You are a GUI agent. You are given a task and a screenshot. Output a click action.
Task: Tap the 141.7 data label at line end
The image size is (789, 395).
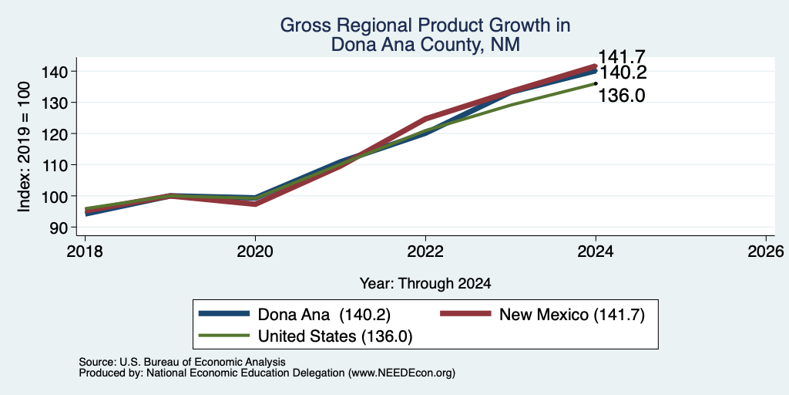622,57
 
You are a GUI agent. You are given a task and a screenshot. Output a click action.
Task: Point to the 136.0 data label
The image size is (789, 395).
622,95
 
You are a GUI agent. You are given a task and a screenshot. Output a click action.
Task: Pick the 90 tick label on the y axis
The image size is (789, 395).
59,228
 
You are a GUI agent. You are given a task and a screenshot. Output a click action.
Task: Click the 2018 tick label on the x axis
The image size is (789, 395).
85,251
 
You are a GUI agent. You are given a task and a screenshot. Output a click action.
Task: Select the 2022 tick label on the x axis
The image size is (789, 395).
425,251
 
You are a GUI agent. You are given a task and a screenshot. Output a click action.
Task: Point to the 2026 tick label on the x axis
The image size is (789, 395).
766,251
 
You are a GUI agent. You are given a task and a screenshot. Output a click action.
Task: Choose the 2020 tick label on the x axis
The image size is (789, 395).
255,251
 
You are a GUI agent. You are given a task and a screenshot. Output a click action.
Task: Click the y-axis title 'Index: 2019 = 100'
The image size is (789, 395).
24,147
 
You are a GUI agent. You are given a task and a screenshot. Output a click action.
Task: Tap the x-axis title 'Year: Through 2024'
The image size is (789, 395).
425,284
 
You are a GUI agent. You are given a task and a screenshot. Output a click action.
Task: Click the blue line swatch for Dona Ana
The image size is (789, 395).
224,314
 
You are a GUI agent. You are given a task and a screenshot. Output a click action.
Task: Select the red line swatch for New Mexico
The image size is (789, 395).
465,314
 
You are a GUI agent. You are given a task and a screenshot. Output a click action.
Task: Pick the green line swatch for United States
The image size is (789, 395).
224,336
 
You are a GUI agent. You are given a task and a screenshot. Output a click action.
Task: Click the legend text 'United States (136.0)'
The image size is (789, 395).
335,336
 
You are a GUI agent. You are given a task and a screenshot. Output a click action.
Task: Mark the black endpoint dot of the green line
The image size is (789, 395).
596,83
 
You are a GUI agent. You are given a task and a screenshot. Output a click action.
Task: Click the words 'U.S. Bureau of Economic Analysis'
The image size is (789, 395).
203,362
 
